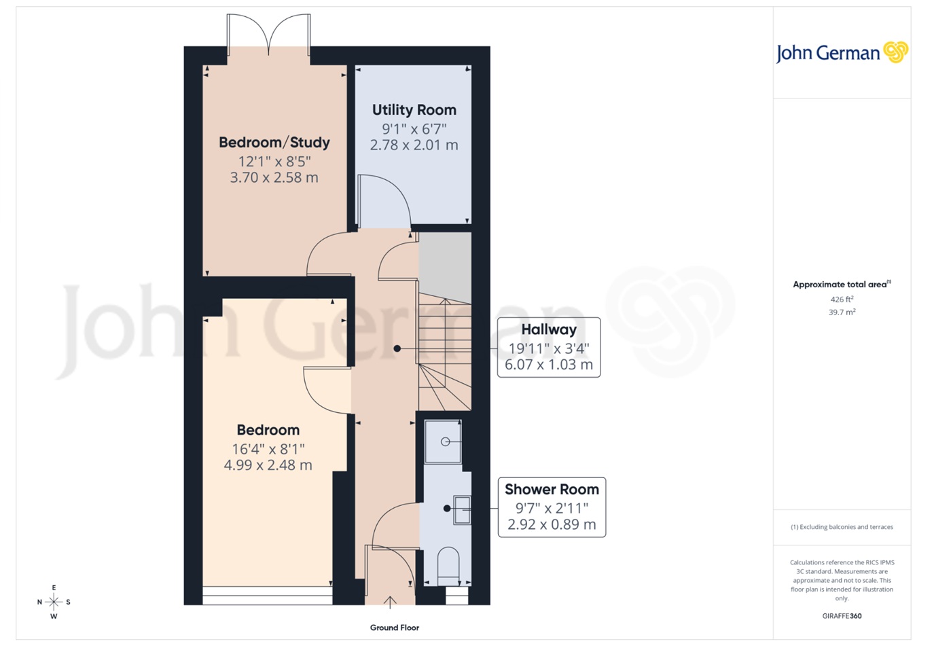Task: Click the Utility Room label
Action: [414, 110]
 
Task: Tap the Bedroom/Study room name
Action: [274, 143]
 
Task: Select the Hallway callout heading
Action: [549, 330]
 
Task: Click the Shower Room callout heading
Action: [552, 490]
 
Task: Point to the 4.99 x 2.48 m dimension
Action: [268, 465]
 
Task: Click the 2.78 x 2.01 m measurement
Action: [414, 145]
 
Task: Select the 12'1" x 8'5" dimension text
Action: [274, 162]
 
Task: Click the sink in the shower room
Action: [462, 509]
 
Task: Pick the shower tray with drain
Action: [444, 442]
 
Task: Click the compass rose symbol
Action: [54, 602]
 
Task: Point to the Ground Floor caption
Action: [394, 628]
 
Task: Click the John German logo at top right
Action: [842, 53]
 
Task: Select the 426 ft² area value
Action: [842, 300]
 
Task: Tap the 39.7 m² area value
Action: [842, 312]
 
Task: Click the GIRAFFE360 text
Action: [842, 617]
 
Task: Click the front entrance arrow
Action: [390, 601]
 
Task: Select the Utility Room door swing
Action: [384, 201]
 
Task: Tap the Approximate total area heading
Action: [841, 285]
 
